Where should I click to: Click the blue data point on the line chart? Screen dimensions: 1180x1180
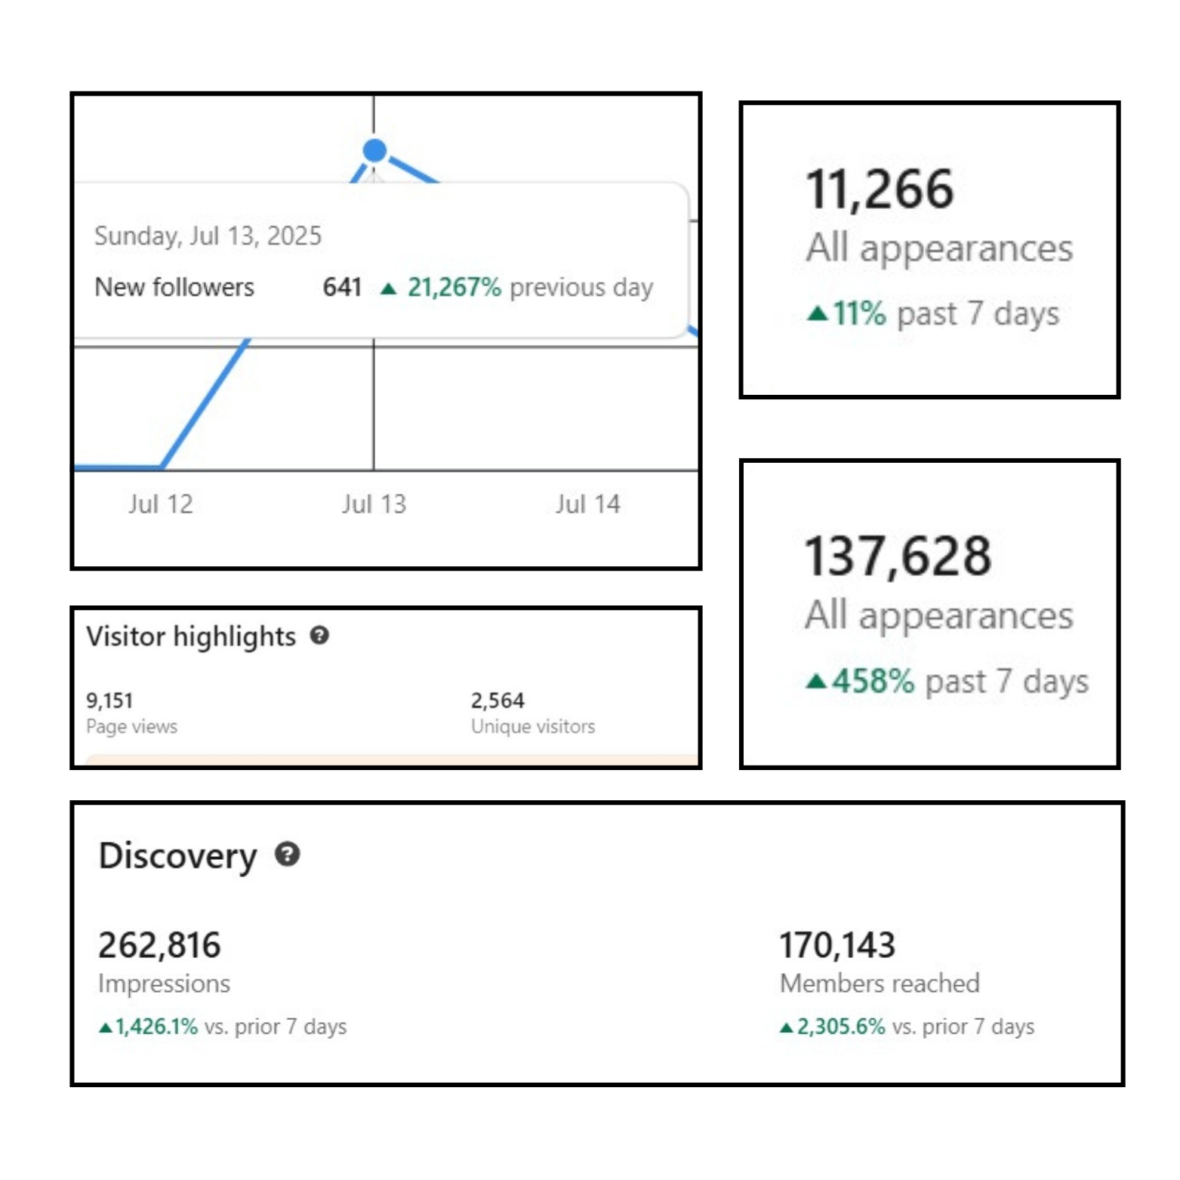point(374,150)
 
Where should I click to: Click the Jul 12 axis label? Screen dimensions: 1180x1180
point(160,504)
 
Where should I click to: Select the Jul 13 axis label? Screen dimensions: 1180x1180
point(374,504)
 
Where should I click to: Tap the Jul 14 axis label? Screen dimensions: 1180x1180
point(587,504)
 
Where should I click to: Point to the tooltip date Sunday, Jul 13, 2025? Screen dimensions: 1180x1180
point(208,236)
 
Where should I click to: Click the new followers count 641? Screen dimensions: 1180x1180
point(342,287)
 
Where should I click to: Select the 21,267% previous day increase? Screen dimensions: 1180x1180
point(454,287)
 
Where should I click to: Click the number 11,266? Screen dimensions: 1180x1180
point(880,189)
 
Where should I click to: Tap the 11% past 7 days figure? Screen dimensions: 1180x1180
point(859,313)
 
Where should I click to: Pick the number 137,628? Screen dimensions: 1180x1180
point(898,556)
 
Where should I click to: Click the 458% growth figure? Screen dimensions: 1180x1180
point(873,681)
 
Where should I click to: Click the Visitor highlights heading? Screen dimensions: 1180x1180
point(191,636)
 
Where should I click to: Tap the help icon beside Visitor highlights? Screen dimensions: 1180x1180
point(319,636)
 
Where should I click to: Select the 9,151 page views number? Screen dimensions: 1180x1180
point(109,701)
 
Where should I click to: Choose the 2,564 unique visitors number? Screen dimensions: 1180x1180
point(498,701)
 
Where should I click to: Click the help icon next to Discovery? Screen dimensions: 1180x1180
point(287,855)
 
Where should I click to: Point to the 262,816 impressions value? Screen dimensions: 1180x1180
point(159,945)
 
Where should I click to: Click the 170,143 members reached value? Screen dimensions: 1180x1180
point(837,945)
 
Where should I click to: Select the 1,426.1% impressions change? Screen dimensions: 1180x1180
point(156,1027)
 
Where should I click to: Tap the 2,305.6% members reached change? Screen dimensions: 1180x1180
point(840,1027)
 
